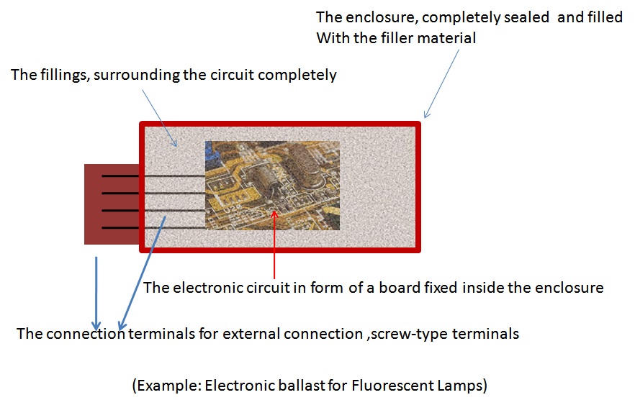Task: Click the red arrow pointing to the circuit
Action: pyautogui.click(x=274, y=245)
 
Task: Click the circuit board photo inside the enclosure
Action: pyautogui.click(x=272, y=184)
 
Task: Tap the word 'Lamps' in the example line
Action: pyautogui.click(x=465, y=385)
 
